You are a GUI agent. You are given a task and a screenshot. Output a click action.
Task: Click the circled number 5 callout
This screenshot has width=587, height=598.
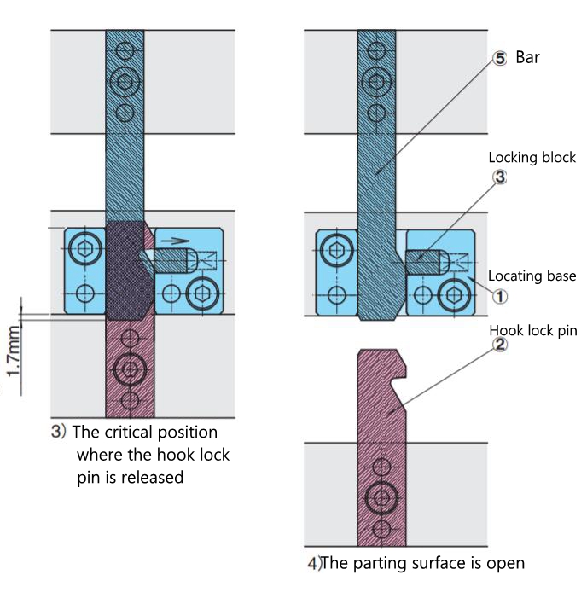pos(500,59)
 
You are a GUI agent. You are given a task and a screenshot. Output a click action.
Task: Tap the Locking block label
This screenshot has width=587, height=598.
pos(532,158)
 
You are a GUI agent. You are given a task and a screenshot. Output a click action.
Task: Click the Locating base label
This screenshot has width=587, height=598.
pos(532,276)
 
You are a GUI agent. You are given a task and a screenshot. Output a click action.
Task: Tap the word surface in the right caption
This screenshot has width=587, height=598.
pos(433,563)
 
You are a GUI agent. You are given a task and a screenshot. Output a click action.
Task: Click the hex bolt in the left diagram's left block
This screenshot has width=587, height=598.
pos(84,249)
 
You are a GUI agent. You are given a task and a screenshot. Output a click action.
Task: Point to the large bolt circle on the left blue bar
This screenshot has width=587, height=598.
pos(125,83)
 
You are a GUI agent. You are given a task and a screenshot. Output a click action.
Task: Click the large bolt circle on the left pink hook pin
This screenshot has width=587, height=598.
pos(130,369)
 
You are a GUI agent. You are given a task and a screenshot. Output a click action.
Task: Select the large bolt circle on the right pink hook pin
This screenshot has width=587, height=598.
pos(381,497)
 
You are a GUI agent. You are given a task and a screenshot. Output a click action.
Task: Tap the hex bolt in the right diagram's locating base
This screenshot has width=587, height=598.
pos(453,294)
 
